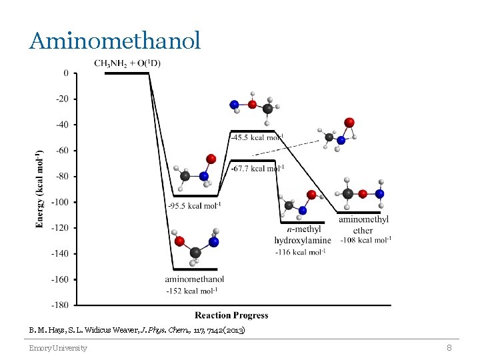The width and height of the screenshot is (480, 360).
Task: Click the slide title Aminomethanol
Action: [x=114, y=41]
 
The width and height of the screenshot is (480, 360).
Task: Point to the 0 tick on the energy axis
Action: [x=65, y=73]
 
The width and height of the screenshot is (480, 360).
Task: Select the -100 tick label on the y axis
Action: [x=61, y=202]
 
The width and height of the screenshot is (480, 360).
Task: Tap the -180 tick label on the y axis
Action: [x=61, y=305]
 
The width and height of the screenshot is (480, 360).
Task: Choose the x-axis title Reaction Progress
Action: [x=231, y=315]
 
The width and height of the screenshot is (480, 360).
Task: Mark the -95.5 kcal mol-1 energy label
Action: [x=195, y=206]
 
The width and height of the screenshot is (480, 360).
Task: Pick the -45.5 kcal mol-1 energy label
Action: [x=257, y=137]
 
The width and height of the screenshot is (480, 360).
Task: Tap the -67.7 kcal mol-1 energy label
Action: [x=257, y=169]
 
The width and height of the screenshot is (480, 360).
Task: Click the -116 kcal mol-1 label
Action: [x=301, y=251]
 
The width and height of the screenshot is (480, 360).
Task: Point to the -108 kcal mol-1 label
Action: [x=366, y=240]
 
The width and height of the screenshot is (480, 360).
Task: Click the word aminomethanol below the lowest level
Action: [x=194, y=279]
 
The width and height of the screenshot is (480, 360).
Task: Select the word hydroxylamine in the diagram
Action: [x=302, y=240]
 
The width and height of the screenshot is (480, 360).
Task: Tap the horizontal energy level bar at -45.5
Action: [x=252, y=131]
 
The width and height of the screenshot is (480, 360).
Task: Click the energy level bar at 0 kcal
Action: [x=127, y=73]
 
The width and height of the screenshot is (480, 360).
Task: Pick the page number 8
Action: [x=449, y=347]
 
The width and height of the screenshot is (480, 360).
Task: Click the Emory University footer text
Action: [x=57, y=348]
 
